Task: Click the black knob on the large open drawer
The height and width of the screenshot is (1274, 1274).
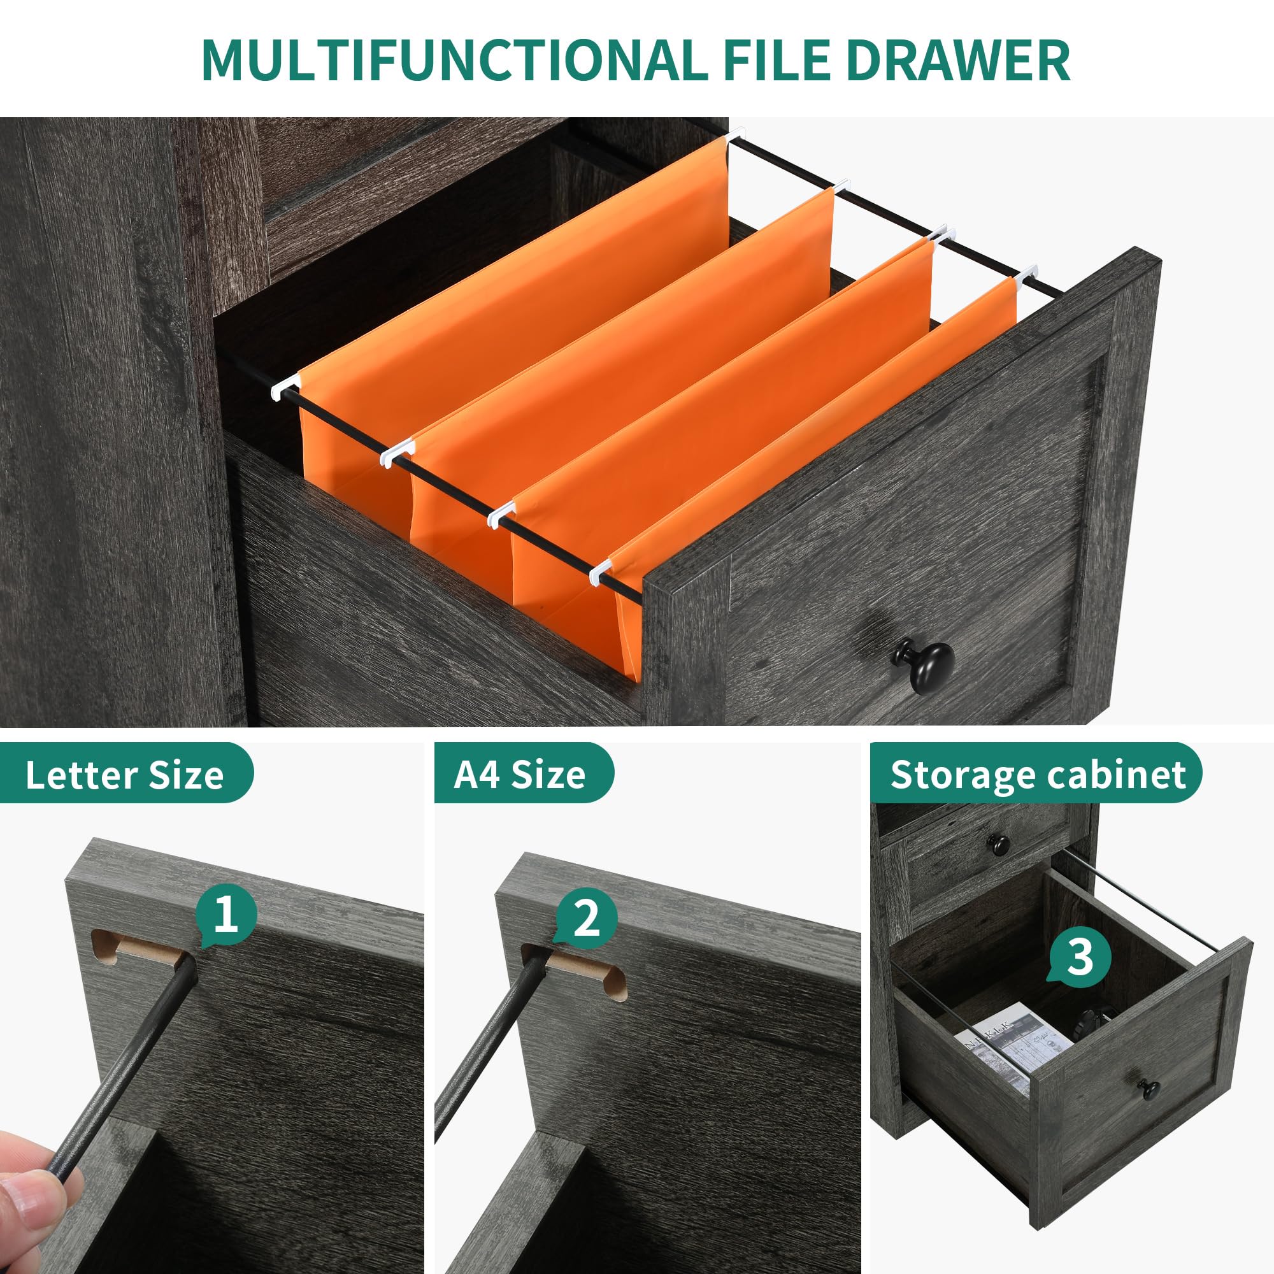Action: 924,664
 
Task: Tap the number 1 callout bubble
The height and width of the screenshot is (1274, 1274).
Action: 226,916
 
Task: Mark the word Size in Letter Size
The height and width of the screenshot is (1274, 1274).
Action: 187,775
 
